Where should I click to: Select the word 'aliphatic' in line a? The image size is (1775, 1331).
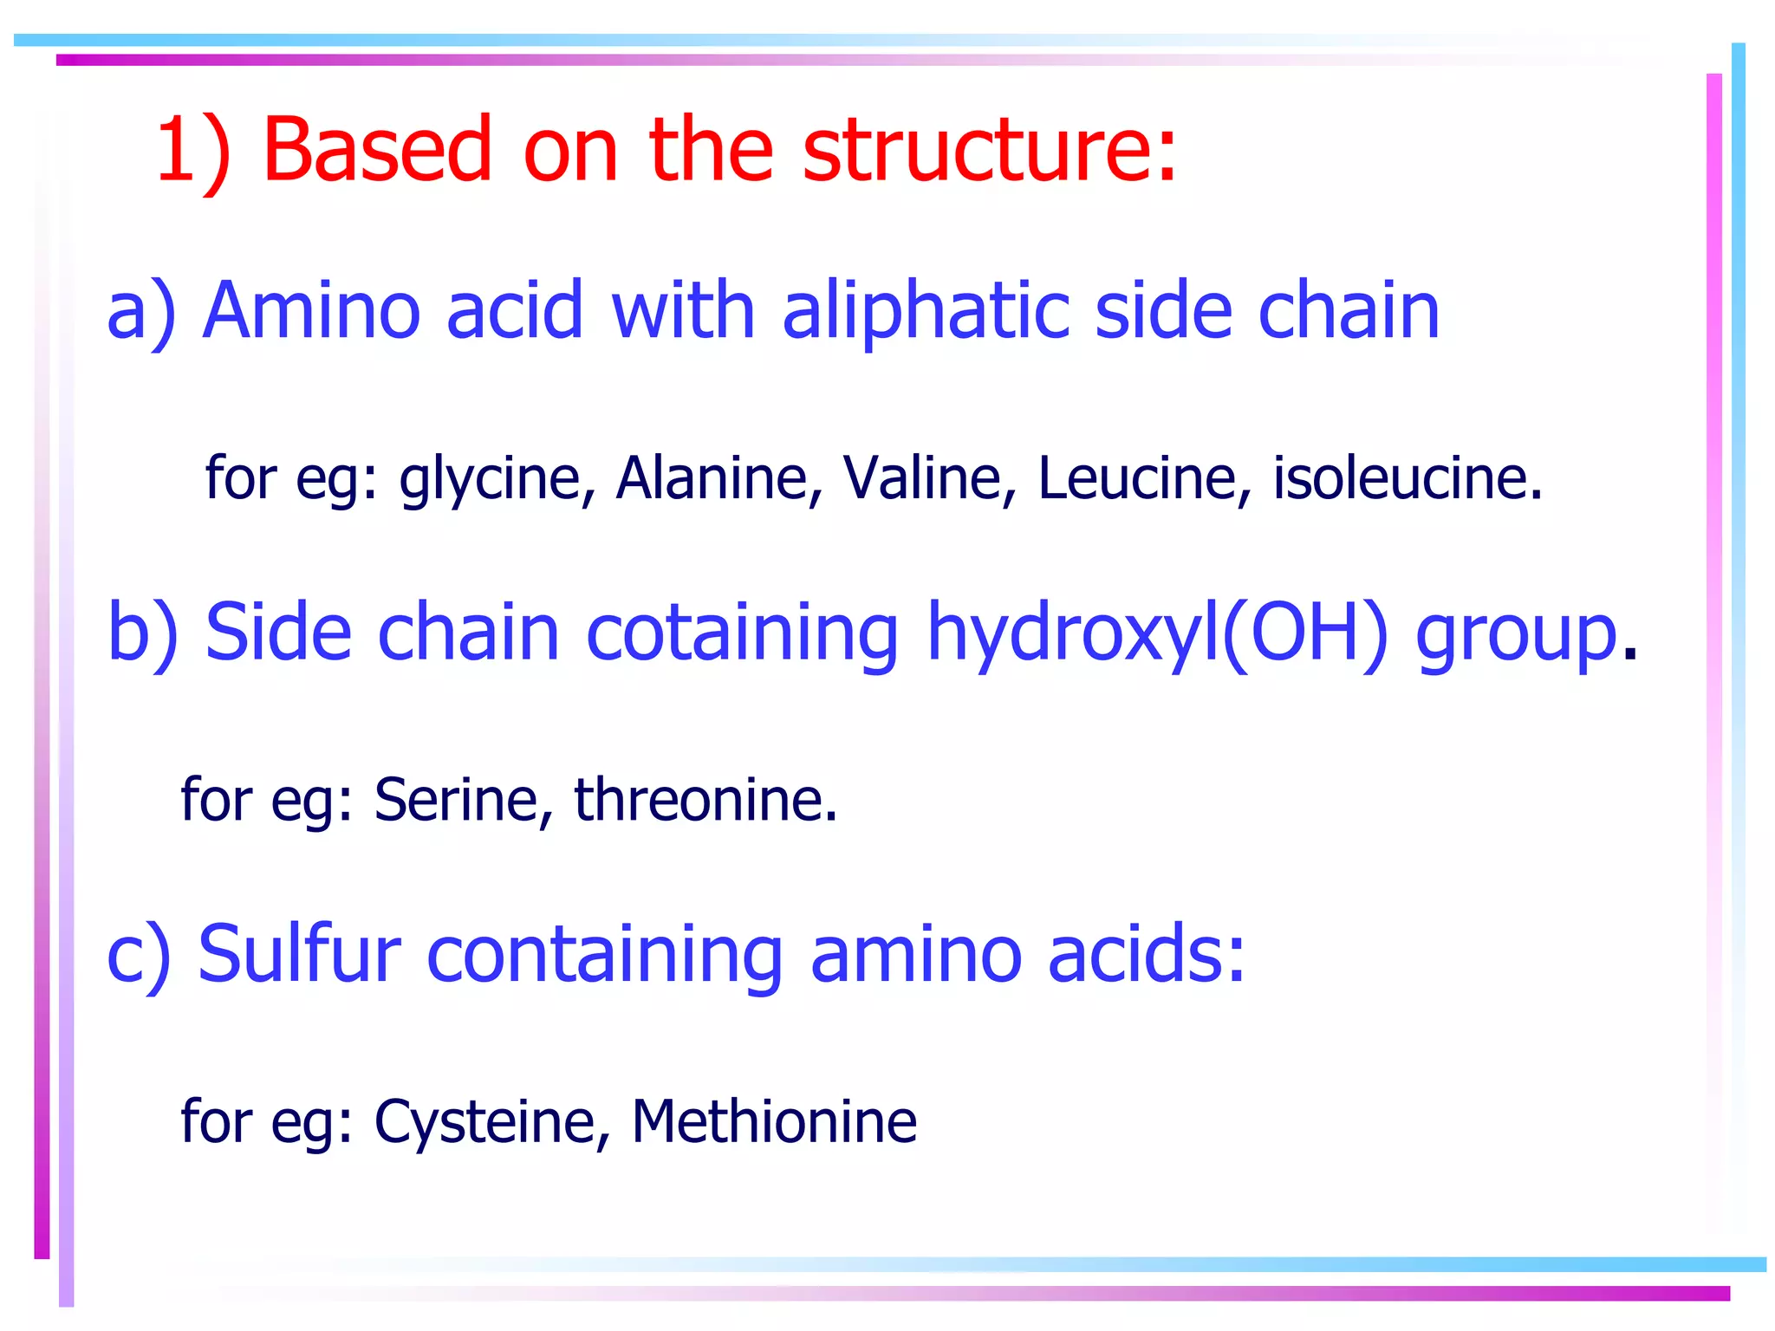[926, 311]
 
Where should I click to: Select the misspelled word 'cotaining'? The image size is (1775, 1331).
[742, 633]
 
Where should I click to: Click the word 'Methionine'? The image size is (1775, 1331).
[774, 1122]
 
